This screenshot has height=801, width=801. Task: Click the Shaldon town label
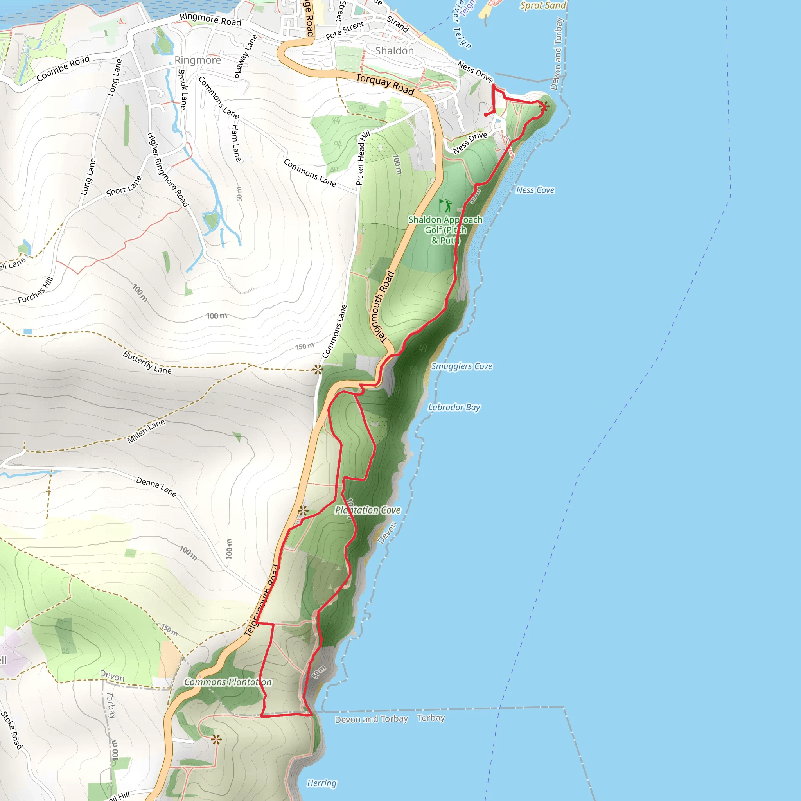pos(394,50)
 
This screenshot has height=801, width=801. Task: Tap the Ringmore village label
pos(198,60)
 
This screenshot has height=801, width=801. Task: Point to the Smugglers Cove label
pos(462,366)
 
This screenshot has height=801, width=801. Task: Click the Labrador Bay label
pos(454,407)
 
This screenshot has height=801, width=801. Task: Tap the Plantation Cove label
pos(368,510)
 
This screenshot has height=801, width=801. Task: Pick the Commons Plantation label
pos(228,682)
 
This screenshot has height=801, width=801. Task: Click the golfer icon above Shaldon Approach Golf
pos(445,206)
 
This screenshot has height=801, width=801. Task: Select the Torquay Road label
pos(385,84)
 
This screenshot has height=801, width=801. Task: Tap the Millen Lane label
pos(146,431)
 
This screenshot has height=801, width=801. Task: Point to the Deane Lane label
pos(156,487)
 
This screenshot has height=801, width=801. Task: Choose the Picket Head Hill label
pos(362,158)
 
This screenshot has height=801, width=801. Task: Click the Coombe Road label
pos(63,68)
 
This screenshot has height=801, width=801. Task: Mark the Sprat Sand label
pos(543,5)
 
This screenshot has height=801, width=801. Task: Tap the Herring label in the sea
pos(322,783)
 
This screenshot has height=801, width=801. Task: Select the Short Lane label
pos(124,186)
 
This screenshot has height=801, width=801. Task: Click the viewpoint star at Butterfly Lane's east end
pos(318,369)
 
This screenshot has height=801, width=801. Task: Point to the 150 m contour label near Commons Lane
pos(304,346)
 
